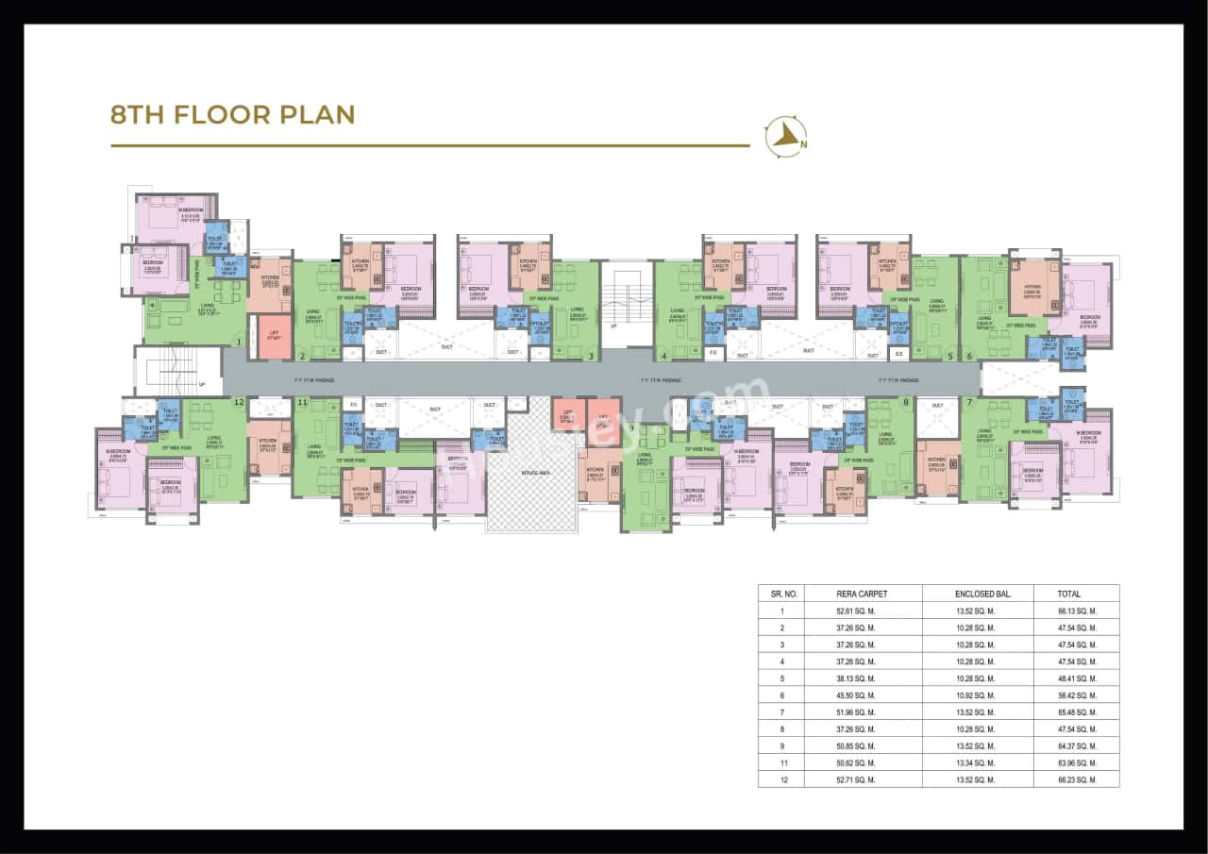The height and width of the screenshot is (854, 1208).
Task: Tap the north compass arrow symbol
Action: point(784,138)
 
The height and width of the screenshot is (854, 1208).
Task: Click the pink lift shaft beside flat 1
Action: point(275,338)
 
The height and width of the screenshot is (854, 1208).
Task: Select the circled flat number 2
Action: point(302,356)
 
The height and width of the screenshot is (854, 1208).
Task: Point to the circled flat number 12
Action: point(239,402)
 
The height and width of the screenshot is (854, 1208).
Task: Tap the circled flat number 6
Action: point(969,356)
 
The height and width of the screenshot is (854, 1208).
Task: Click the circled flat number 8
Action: point(906,402)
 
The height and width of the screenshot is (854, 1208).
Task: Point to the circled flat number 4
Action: point(664,356)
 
